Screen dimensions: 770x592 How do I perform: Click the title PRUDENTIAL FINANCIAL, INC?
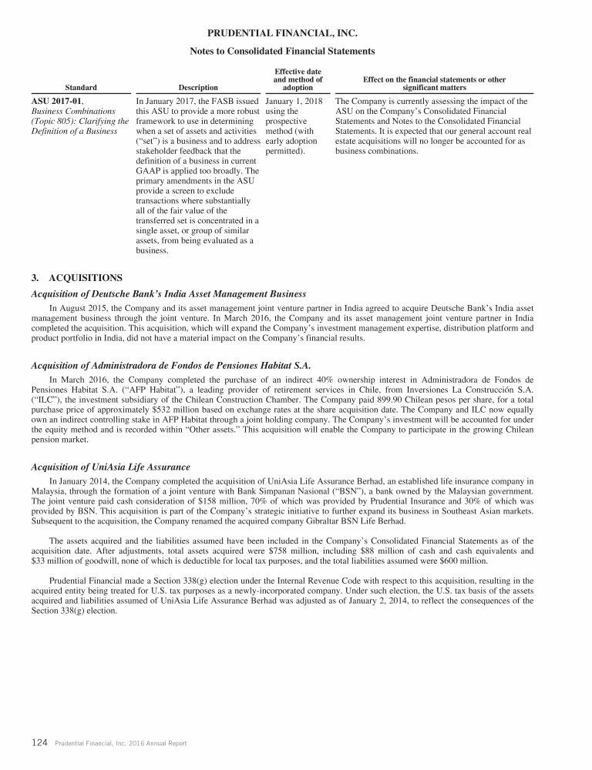tap(283, 34)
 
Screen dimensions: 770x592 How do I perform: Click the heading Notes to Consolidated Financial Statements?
tap(283, 51)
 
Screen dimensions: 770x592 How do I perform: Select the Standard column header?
tap(81, 88)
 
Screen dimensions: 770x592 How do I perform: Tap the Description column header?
tap(198, 88)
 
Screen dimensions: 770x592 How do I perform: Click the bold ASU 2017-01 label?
tap(56, 101)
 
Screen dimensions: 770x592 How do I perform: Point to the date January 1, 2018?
tap(294, 101)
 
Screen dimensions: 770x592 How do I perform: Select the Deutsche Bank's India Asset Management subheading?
tap(168, 293)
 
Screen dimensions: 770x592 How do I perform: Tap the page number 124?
tap(40, 743)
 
